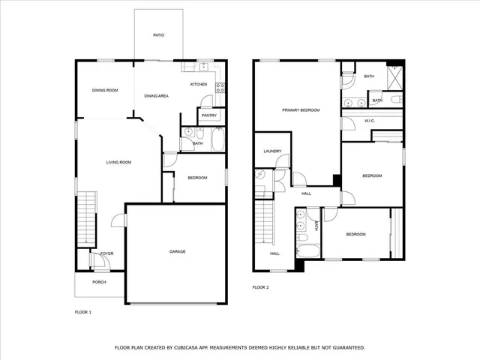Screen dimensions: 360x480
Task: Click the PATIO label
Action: pyautogui.click(x=158, y=35)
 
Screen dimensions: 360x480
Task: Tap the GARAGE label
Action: pyautogui.click(x=177, y=251)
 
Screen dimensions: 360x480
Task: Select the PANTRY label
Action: pyautogui.click(x=209, y=115)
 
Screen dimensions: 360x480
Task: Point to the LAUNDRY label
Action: pyautogui.click(x=271, y=151)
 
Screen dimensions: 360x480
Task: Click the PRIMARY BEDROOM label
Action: pyautogui.click(x=301, y=110)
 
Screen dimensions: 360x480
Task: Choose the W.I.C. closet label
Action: pyautogui.click(x=369, y=121)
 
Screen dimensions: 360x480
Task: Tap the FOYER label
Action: pyautogui.click(x=107, y=253)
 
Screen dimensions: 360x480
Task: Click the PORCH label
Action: pyautogui.click(x=99, y=282)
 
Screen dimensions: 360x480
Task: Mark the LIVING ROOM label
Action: pyautogui.click(x=118, y=162)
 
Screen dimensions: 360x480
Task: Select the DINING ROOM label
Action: pyautogui.click(x=105, y=91)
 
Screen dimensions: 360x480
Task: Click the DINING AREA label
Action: pyautogui.click(x=156, y=96)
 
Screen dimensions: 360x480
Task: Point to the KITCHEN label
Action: pyautogui.click(x=198, y=84)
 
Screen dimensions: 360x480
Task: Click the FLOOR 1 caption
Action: pyautogui.click(x=82, y=311)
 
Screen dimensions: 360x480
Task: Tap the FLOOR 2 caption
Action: pyautogui.click(x=260, y=287)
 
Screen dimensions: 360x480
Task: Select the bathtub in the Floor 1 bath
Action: pyautogui.click(x=217, y=139)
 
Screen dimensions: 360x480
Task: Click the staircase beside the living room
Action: pyautogui.click(x=88, y=217)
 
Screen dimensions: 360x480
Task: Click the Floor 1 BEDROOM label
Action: pyautogui.click(x=197, y=178)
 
